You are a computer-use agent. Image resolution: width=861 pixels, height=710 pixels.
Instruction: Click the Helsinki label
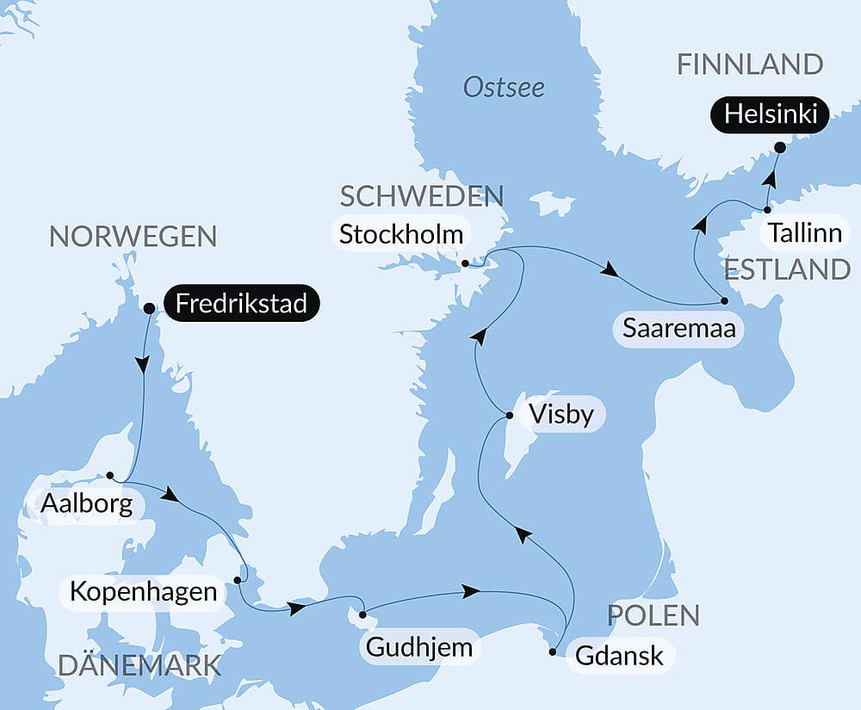(770, 114)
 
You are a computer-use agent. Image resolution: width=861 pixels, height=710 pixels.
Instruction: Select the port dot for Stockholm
(465, 264)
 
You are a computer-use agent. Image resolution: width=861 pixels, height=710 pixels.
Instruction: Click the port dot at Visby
(509, 416)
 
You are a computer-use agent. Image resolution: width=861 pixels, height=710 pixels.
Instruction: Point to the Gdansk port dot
(553, 652)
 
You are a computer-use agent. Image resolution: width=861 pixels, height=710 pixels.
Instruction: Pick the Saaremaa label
(679, 330)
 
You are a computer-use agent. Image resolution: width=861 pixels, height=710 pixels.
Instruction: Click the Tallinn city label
(804, 232)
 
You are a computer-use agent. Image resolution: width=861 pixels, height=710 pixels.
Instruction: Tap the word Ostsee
(504, 88)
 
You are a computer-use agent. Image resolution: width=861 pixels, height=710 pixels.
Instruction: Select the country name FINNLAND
(749, 65)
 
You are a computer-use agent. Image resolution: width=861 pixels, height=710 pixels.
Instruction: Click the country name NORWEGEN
(133, 236)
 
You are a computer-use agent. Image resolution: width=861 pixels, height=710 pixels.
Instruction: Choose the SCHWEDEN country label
(421, 196)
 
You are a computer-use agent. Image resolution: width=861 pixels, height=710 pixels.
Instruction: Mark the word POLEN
(653, 615)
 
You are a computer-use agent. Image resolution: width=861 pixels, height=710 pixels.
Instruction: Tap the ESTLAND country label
(787, 269)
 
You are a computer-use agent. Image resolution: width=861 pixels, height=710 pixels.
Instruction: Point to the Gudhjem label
(419, 647)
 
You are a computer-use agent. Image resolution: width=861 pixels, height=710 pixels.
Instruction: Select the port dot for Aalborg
(110, 475)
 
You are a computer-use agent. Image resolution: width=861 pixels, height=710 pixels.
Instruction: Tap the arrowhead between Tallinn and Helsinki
(771, 179)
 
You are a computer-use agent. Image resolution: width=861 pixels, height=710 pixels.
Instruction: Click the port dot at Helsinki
(779, 148)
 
